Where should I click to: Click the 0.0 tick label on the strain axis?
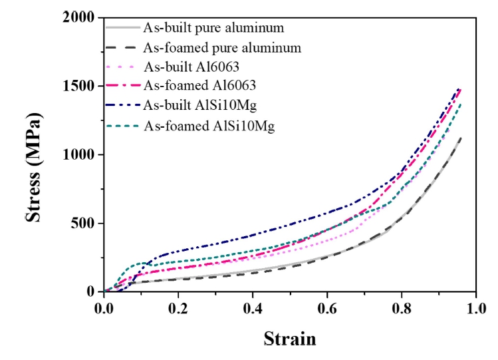coord(104,310)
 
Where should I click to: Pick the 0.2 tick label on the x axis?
coord(179,310)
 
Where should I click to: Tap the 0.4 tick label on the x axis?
coord(253,310)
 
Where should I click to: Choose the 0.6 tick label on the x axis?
coord(327,310)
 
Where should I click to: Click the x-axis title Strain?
coord(290,339)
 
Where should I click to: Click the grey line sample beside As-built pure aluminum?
coord(123,28)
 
